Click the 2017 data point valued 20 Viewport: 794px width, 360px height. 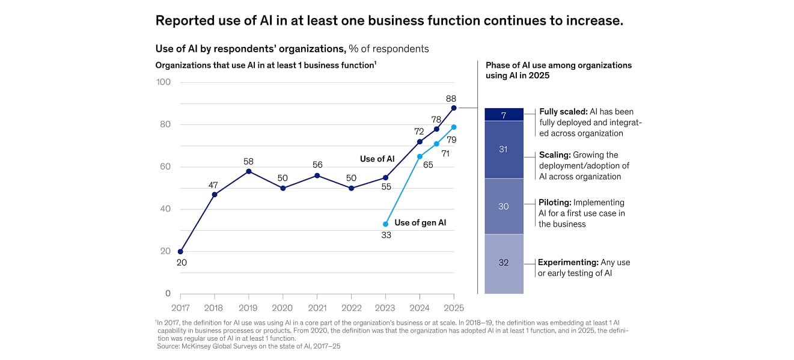pyautogui.click(x=180, y=252)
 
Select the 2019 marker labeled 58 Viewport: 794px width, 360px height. pyautogui.click(x=249, y=171)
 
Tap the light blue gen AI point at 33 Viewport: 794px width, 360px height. pyautogui.click(x=385, y=224)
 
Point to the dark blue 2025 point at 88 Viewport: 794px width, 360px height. pyautogui.click(x=454, y=108)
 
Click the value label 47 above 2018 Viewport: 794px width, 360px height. pyautogui.click(x=213, y=185)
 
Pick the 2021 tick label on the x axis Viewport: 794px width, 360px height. pyautogui.click(x=317, y=308)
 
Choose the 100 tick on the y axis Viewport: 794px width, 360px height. pyautogui.click(x=163, y=82)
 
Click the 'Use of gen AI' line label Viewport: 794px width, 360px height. pyautogui.click(x=420, y=223)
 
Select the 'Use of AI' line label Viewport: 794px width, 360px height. pyautogui.click(x=377, y=159)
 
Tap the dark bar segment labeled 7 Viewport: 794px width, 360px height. pyautogui.click(x=504, y=115)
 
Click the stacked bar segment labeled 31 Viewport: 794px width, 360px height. pyautogui.click(x=504, y=150)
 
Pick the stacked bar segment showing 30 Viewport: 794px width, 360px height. pyautogui.click(x=504, y=206)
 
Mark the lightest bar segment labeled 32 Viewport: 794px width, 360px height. pyautogui.click(x=504, y=263)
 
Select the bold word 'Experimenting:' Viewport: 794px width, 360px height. pyautogui.click(x=568, y=263)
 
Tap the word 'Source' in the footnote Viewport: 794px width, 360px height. pyautogui.click(x=169, y=346)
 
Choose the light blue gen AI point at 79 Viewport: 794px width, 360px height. pyautogui.click(x=454, y=127)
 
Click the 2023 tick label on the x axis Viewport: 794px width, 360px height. pyautogui.click(x=385, y=308)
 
